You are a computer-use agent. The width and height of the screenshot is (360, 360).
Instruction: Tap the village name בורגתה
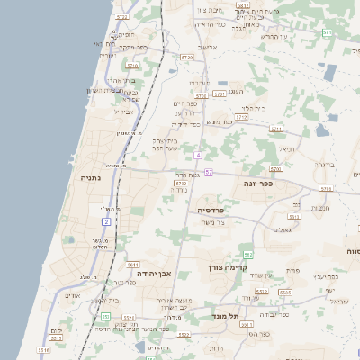325,165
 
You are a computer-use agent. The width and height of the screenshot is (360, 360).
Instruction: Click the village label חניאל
287,148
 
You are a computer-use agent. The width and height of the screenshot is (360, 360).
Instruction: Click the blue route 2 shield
106,221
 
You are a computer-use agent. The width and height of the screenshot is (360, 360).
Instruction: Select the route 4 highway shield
197,156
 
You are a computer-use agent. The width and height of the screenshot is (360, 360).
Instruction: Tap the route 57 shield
209,172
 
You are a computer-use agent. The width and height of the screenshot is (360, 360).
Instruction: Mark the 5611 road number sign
133,265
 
